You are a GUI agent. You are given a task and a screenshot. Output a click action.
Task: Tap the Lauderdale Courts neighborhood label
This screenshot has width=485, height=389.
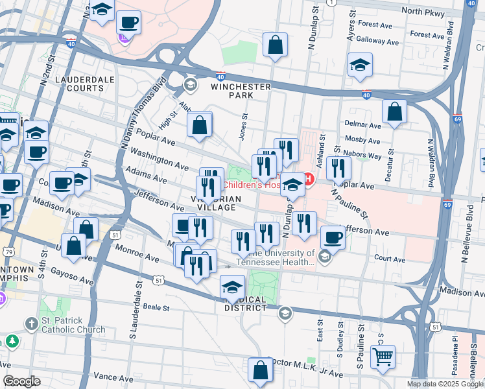(85, 84)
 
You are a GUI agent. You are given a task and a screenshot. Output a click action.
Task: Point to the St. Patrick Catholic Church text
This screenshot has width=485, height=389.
(73, 325)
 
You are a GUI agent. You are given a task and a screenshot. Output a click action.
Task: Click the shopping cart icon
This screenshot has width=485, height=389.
(383, 356)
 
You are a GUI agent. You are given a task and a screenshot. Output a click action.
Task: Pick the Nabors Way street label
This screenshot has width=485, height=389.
(364, 156)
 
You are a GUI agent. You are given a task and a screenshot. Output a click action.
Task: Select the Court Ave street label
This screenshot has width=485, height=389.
(390, 258)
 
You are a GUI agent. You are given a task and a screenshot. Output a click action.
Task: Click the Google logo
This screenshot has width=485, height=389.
(21, 381)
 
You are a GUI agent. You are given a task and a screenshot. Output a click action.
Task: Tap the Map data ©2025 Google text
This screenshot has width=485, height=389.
(445, 384)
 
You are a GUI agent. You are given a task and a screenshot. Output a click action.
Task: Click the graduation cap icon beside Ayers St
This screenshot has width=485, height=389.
(360, 65)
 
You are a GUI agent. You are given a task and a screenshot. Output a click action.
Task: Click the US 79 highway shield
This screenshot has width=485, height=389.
(8, 251)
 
